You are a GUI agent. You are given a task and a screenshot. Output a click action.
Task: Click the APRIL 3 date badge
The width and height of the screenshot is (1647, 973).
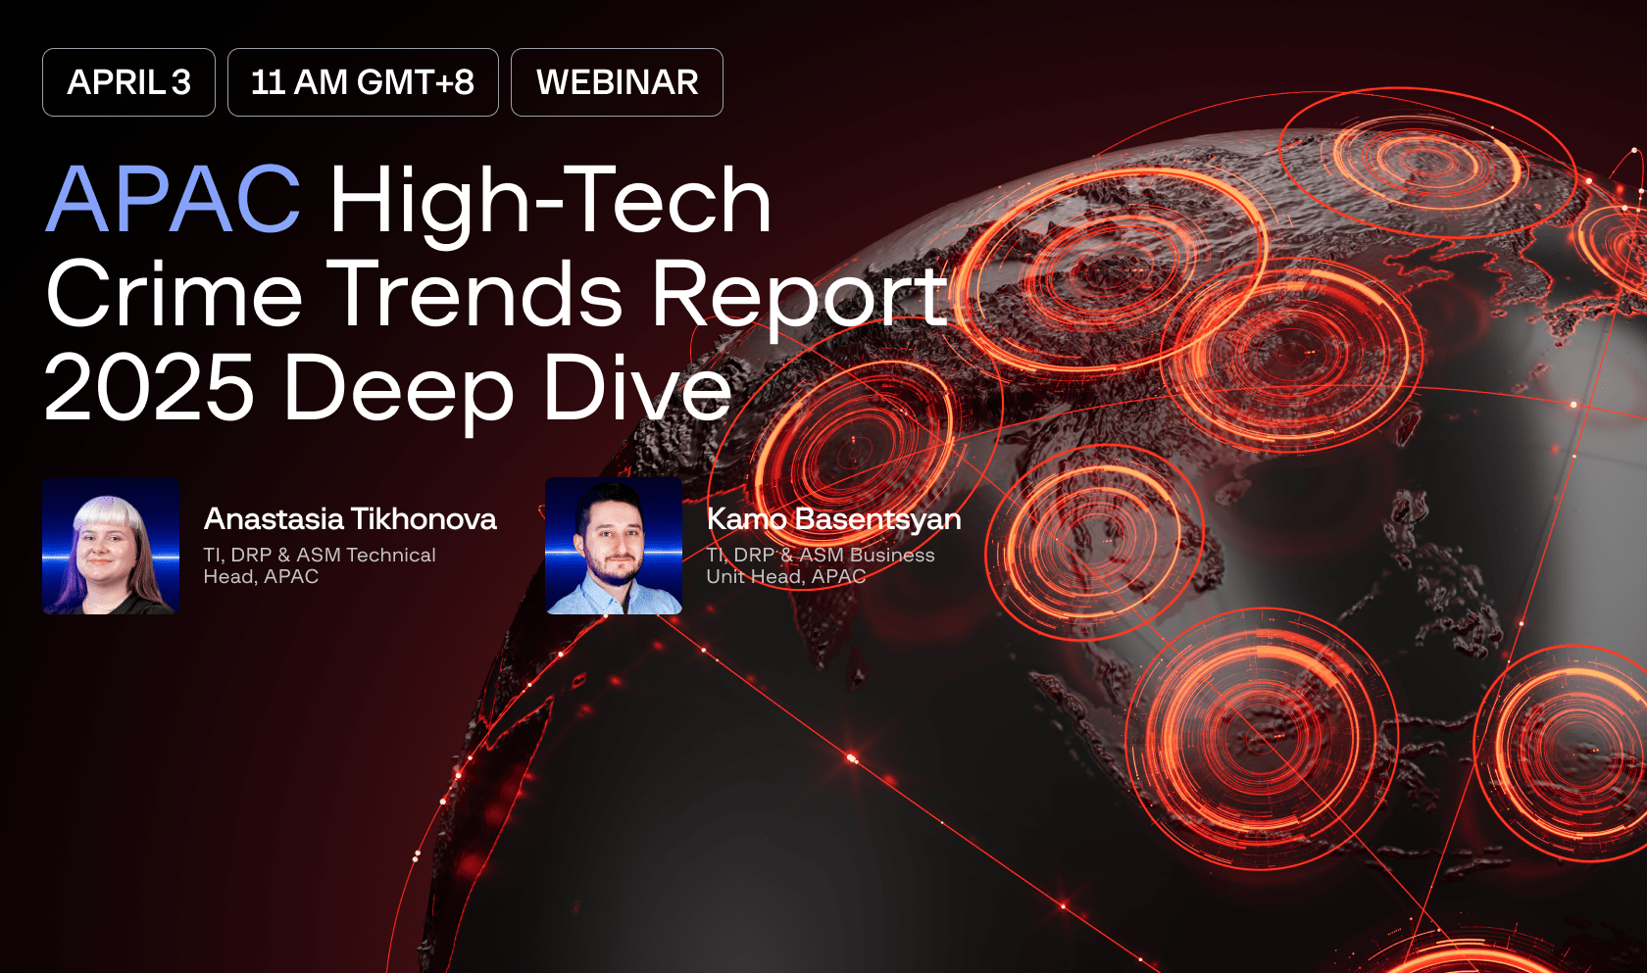[128, 82]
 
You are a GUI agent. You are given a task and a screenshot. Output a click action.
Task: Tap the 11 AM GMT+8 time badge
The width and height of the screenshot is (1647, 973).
[363, 82]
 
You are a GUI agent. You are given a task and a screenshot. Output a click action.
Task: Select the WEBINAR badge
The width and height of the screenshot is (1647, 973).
[617, 82]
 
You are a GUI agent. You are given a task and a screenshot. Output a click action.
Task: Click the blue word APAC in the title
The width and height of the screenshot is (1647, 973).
[174, 200]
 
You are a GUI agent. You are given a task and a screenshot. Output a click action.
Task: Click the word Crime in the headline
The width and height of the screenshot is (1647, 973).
[174, 294]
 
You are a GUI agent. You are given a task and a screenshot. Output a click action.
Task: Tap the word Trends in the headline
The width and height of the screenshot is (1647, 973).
[474, 294]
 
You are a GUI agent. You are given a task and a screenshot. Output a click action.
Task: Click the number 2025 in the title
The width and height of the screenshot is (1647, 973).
[149, 388]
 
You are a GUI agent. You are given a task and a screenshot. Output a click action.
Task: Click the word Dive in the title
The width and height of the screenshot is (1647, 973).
[637, 388]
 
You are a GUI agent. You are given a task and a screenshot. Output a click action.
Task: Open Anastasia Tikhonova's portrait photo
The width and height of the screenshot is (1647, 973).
[111, 546]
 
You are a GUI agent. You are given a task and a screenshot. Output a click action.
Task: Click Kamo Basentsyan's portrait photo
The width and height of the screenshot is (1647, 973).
[614, 546]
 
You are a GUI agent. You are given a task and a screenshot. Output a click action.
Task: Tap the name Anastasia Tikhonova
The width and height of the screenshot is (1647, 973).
[350, 518]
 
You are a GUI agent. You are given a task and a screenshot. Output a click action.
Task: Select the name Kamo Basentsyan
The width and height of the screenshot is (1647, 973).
[833, 518]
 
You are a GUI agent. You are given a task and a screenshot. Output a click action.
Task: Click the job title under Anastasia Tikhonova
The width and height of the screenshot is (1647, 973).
[320, 565]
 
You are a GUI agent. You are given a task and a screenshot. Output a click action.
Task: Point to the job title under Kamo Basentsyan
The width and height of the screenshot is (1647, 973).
[821, 565]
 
